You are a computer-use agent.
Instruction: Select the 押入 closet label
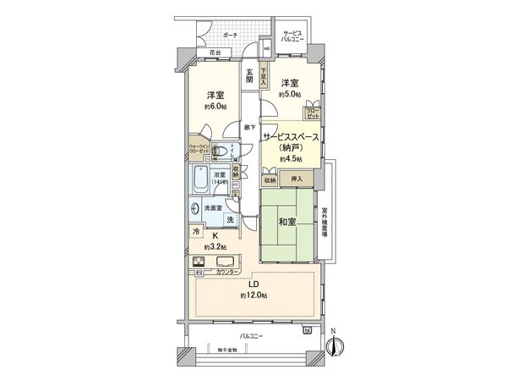[296, 179]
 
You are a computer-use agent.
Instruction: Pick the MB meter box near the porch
[265, 38]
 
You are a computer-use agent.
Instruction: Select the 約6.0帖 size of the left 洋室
[215, 108]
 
